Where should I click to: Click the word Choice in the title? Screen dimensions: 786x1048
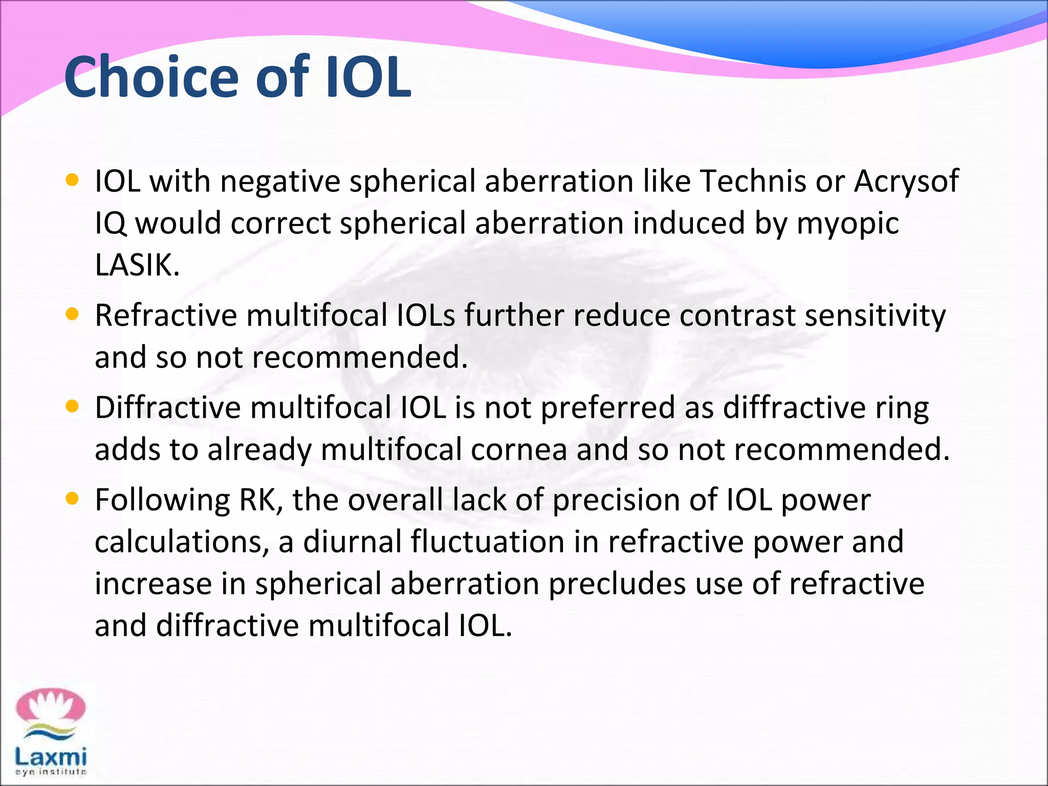coord(151,78)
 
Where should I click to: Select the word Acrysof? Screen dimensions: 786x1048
coord(906,182)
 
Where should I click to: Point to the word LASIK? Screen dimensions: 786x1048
coord(137,265)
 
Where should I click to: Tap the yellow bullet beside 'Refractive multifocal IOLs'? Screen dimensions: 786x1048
coord(73,314)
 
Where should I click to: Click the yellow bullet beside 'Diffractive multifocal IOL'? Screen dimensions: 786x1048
coord(73,406)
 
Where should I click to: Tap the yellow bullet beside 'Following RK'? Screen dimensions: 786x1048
coord(73,498)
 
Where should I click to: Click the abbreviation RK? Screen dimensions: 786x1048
coord(260,500)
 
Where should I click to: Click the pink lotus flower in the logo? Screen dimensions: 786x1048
coord(50,707)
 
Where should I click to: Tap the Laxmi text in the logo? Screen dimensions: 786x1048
coord(50,756)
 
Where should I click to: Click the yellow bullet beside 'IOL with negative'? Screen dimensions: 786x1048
coord(73,180)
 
